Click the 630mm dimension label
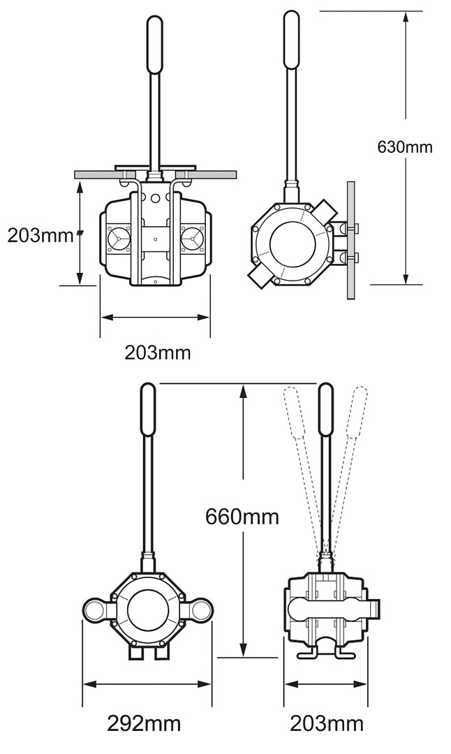tap(404, 147)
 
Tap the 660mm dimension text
tap(242, 517)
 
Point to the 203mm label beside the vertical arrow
tap(40, 235)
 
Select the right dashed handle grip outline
tap(357, 412)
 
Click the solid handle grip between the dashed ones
tap(326, 411)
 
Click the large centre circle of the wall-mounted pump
tap(293, 245)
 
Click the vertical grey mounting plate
tap(350, 240)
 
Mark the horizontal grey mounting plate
tap(157, 172)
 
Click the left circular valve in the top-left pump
tap(118, 239)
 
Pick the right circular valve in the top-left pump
tap(191, 239)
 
